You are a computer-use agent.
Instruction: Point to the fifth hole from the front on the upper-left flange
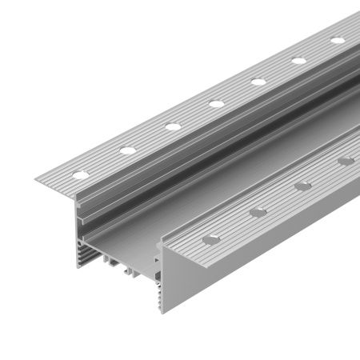tap(258, 81)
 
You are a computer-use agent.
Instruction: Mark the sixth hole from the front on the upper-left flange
tap(299, 60)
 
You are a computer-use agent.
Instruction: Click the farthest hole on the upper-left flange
tap(337, 40)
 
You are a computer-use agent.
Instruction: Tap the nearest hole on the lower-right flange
tap(210, 238)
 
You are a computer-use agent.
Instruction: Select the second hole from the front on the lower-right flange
tap(258, 211)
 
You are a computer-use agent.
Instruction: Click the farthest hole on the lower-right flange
tap(346, 162)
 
